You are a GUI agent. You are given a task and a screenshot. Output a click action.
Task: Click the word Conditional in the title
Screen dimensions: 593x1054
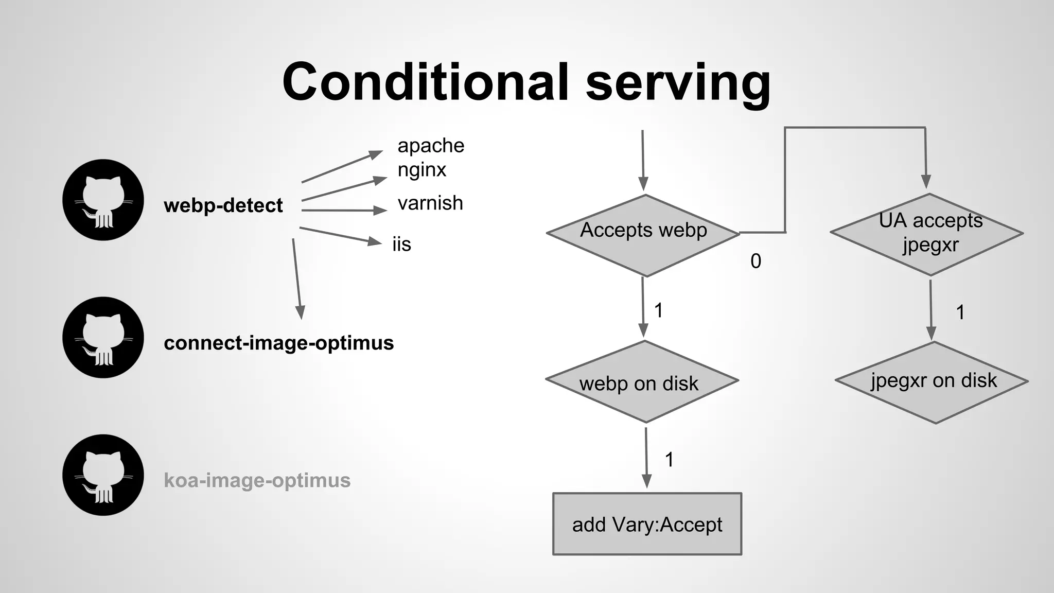click(x=425, y=82)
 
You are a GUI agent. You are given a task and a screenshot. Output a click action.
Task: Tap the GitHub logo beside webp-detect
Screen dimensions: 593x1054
click(x=103, y=200)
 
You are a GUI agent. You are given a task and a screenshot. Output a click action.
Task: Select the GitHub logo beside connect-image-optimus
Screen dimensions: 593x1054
click(x=103, y=337)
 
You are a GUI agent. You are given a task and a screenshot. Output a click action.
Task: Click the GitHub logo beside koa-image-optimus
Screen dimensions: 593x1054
click(x=103, y=475)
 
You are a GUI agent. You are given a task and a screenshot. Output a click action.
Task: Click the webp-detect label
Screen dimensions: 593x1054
click(x=223, y=205)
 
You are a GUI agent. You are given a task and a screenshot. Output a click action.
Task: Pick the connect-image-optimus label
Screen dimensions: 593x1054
click(x=278, y=343)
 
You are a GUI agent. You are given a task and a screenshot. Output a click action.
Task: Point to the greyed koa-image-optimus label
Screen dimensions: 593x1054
click(x=257, y=480)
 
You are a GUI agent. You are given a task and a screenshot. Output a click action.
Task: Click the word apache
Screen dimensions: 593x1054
click(x=431, y=146)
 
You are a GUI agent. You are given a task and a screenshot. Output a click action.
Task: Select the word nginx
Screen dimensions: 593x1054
click(x=421, y=170)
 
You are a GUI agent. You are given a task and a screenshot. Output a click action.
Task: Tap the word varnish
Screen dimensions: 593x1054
click(x=430, y=203)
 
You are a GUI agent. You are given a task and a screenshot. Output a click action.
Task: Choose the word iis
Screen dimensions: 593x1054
click(x=401, y=245)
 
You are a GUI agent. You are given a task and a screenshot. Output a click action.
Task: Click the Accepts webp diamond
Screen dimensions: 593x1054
click(x=643, y=235)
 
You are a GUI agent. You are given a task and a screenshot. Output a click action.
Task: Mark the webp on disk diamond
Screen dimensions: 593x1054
click(x=641, y=382)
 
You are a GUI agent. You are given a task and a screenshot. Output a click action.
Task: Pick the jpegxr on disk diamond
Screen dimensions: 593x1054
click(x=932, y=382)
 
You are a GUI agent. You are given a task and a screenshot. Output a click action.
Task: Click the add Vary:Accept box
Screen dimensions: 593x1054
click(x=647, y=524)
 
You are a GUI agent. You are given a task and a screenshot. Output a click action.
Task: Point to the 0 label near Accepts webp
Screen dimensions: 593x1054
click(x=756, y=261)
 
